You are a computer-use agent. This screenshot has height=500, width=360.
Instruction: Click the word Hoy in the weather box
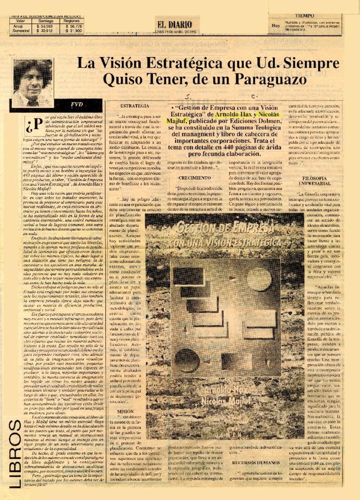click(x=275, y=25)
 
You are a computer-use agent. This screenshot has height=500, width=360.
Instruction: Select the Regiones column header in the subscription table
click(x=72, y=20)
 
